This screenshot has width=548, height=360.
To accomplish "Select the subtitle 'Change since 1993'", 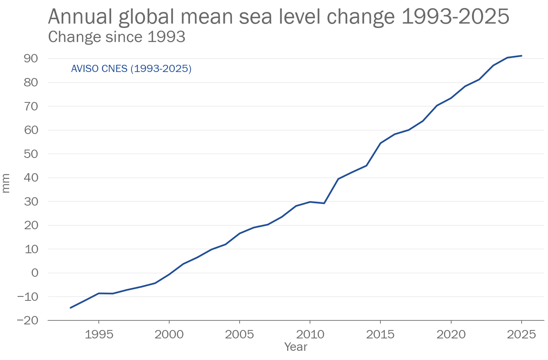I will click(116, 37).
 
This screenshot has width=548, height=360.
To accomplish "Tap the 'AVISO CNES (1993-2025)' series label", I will click(131, 69).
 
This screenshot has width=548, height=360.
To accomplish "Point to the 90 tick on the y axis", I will click(30, 58).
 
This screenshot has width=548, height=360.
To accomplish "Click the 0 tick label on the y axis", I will click(35, 273).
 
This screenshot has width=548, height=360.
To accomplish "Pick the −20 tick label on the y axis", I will click(28, 320).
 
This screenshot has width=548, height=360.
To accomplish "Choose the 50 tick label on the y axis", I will click(30, 154).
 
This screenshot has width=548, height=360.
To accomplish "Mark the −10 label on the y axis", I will click(28, 297).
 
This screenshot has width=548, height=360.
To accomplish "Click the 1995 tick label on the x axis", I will click(99, 334).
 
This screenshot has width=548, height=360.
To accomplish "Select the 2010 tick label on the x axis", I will click(310, 334).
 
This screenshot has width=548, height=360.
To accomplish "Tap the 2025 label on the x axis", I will click(521, 334).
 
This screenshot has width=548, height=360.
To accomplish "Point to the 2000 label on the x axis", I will click(169, 334).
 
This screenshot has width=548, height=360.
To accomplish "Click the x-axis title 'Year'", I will click(296, 347).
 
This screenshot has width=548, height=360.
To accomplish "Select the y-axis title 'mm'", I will click(6, 183).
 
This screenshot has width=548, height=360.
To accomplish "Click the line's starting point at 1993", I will click(71, 308).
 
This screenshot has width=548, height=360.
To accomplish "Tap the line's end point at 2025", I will click(521, 56).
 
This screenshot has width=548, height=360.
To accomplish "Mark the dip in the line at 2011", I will click(324, 203).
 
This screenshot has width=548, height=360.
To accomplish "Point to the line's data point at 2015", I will click(380, 143).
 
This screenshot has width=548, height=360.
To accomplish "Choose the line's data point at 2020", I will click(451, 98).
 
